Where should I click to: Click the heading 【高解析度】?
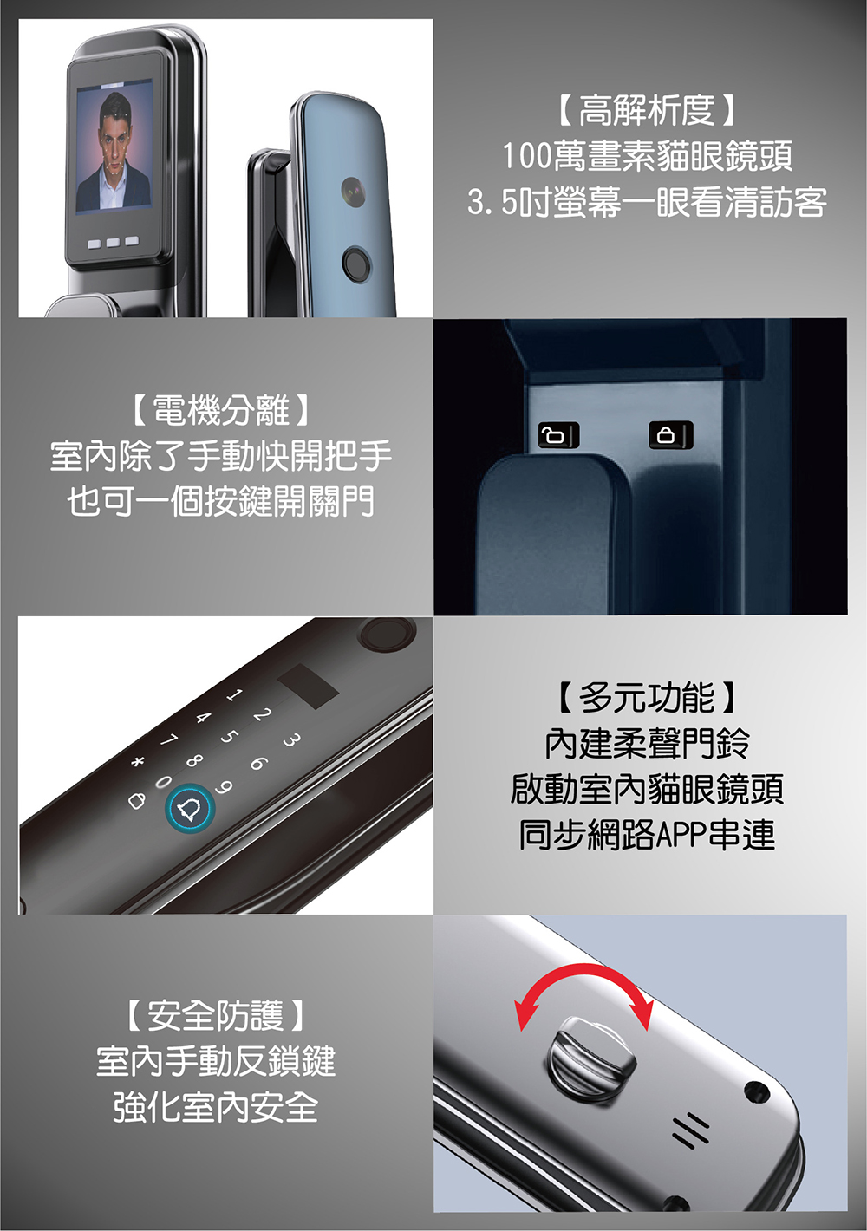[647, 110]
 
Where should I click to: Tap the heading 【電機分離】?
[221, 411]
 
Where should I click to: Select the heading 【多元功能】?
[647, 698]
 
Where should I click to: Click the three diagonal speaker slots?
[690, 1131]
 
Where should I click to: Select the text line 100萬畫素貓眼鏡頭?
[647, 155]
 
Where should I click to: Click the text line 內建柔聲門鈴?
[647, 744]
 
